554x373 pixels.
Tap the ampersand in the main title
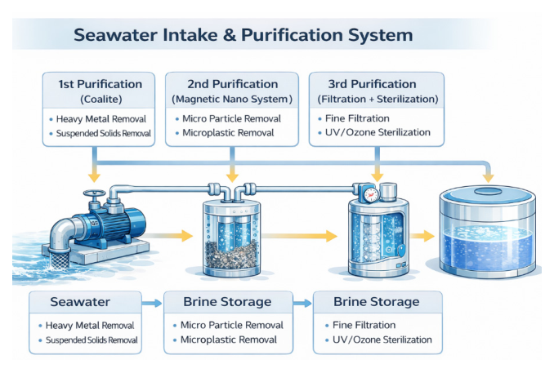(230, 35)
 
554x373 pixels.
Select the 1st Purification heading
(101, 84)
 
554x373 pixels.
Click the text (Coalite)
(101, 99)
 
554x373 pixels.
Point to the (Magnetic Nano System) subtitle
(232, 99)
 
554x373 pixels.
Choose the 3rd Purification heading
(372, 84)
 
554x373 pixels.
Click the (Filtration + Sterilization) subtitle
(378, 99)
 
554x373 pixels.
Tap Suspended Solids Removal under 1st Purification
(104, 133)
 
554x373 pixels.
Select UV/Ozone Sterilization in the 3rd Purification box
(378, 132)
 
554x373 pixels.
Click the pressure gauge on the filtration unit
(371, 194)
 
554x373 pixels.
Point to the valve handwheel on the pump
(94, 193)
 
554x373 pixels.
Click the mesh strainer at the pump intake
(60, 259)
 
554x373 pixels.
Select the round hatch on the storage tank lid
(488, 192)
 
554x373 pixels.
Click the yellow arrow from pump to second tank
(169, 235)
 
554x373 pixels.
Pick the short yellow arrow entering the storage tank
(422, 236)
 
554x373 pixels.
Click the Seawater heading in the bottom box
(80, 302)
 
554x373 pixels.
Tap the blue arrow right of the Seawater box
(152, 303)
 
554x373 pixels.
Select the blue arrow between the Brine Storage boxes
(302, 303)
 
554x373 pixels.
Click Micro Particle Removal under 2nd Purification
(231, 118)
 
